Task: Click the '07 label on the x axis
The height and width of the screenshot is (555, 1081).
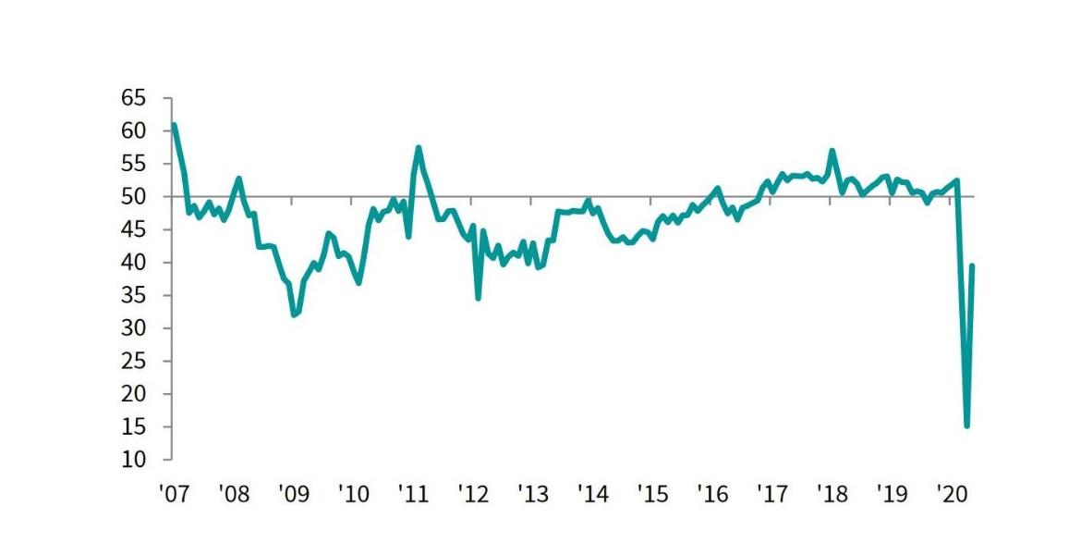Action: [173, 493]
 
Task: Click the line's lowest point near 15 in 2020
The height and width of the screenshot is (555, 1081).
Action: [966, 426]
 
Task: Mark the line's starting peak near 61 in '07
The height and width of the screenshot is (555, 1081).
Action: [174, 124]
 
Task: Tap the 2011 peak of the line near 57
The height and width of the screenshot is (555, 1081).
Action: [419, 147]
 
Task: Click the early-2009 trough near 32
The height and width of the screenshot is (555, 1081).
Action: [294, 315]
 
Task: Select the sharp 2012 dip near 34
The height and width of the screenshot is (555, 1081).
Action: [478, 298]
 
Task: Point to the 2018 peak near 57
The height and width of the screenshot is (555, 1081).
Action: [832, 150]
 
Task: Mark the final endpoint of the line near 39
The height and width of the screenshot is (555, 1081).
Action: [972, 265]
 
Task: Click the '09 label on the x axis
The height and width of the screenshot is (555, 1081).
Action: [292, 493]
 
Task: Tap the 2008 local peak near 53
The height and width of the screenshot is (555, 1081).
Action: [239, 178]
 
